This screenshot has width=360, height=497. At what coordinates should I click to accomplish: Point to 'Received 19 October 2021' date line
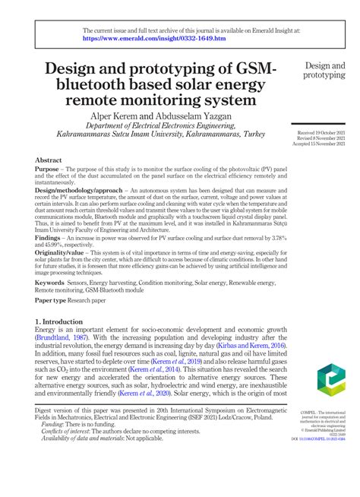point(325,133)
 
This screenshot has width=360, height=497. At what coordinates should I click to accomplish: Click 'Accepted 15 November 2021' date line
point(324,144)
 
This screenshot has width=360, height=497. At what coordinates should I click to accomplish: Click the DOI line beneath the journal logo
point(324,438)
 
